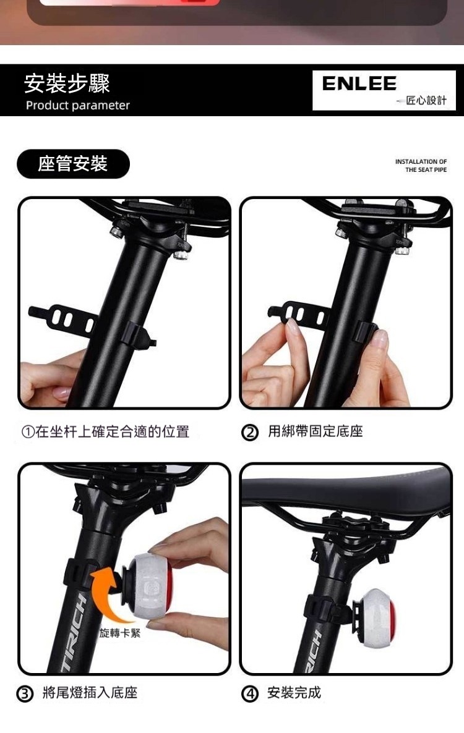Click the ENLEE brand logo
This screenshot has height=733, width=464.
point(359,83)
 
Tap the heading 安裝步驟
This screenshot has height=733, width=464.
point(67,83)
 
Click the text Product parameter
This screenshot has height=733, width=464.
point(78,105)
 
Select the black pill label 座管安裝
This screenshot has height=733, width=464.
point(73,164)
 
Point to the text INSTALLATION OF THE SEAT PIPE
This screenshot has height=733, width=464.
point(421,166)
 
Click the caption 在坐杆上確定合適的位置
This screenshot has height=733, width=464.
point(112,431)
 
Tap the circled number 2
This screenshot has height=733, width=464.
point(250,433)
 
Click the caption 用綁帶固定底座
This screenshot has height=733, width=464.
point(316,431)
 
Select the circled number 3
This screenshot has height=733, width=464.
point(25,693)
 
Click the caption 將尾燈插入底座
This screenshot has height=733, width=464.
point(90,692)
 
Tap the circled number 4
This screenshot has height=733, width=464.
point(250,693)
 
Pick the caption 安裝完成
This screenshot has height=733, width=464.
point(294,692)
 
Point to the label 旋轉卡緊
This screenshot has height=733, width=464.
point(120,633)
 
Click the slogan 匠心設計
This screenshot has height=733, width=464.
point(426,101)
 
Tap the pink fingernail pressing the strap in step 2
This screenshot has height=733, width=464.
point(293,326)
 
